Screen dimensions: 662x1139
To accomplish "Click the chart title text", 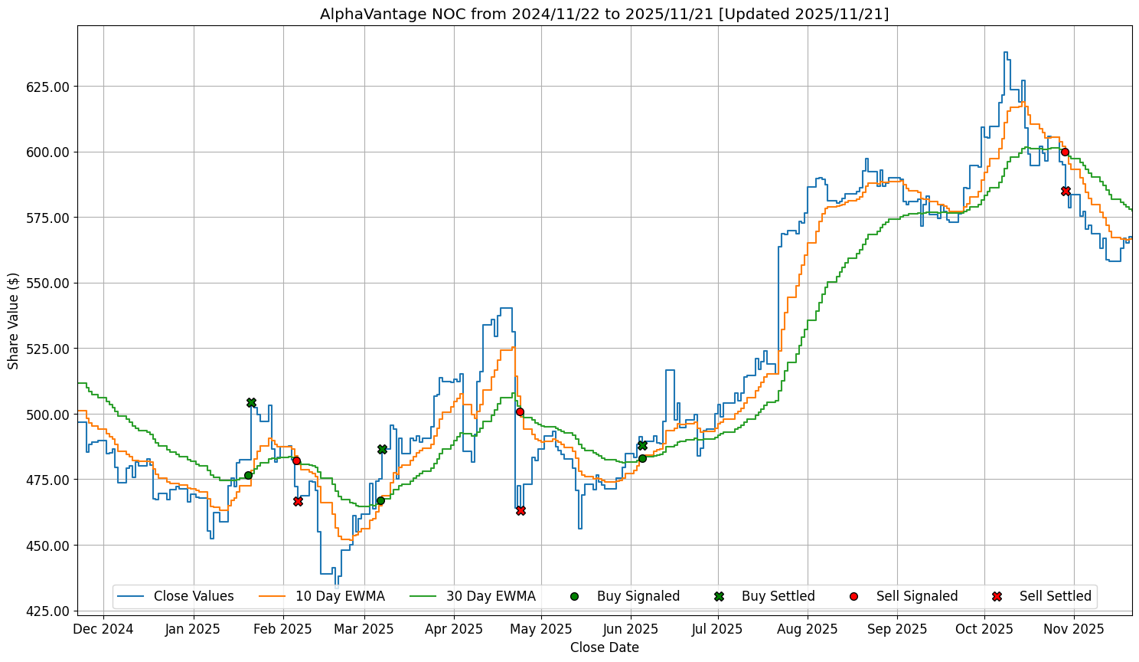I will coord(604,14).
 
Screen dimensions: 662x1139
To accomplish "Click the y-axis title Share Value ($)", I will coord(13,320).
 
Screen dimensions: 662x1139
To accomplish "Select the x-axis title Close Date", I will coord(604,647).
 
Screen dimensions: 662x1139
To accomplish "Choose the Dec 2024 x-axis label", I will coord(103,629).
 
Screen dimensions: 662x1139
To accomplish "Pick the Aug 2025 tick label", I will coord(808,629).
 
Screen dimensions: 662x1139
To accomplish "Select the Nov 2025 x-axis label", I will coord(1074,629).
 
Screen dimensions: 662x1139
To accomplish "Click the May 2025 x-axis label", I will coord(541,629).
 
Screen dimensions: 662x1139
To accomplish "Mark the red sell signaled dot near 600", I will coord(1065,152).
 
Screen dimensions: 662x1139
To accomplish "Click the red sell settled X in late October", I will coord(1066,191).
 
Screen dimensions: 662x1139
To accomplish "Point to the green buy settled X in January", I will coord(251,402).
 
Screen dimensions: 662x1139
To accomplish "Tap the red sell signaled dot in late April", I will coord(520,411).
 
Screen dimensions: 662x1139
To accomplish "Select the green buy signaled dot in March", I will coord(380,500).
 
